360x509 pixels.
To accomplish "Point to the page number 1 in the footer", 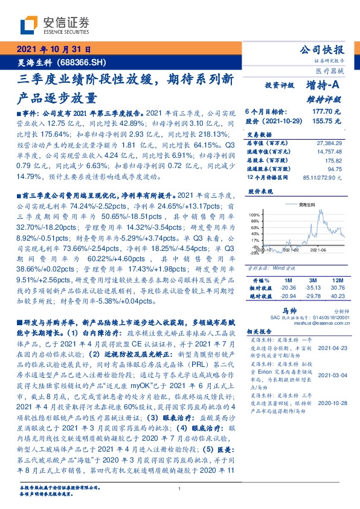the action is [180, 489].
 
